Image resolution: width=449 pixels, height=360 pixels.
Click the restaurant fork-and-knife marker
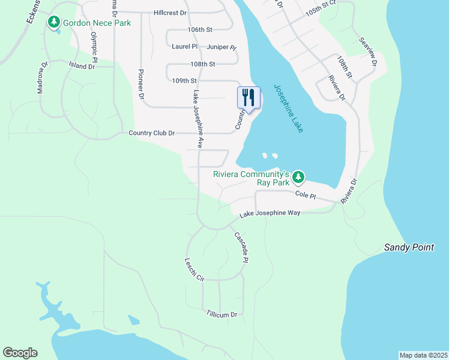[x=249, y=98]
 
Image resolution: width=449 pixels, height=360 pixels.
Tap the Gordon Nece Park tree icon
[x=55, y=22]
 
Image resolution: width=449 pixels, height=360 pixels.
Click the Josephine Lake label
[x=289, y=109]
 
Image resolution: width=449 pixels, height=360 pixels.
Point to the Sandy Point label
[x=409, y=247]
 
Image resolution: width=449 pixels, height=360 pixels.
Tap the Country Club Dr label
[x=151, y=133]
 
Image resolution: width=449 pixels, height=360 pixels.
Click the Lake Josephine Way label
[x=270, y=214]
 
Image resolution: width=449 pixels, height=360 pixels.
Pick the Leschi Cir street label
[x=195, y=270]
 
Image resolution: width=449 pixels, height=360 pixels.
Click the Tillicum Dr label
[x=221, y=314]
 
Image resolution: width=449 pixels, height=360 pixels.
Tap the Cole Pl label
[x=305, y=195]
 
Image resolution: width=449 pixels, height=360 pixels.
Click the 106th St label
[x=200, y=29]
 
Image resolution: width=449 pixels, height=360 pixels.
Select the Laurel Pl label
[x=184, y=46]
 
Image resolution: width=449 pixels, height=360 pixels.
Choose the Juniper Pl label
[x=221, y=46]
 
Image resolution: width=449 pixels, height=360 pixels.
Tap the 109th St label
[x=184, y=80]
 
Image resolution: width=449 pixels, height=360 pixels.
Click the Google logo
[x=20, y=353]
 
